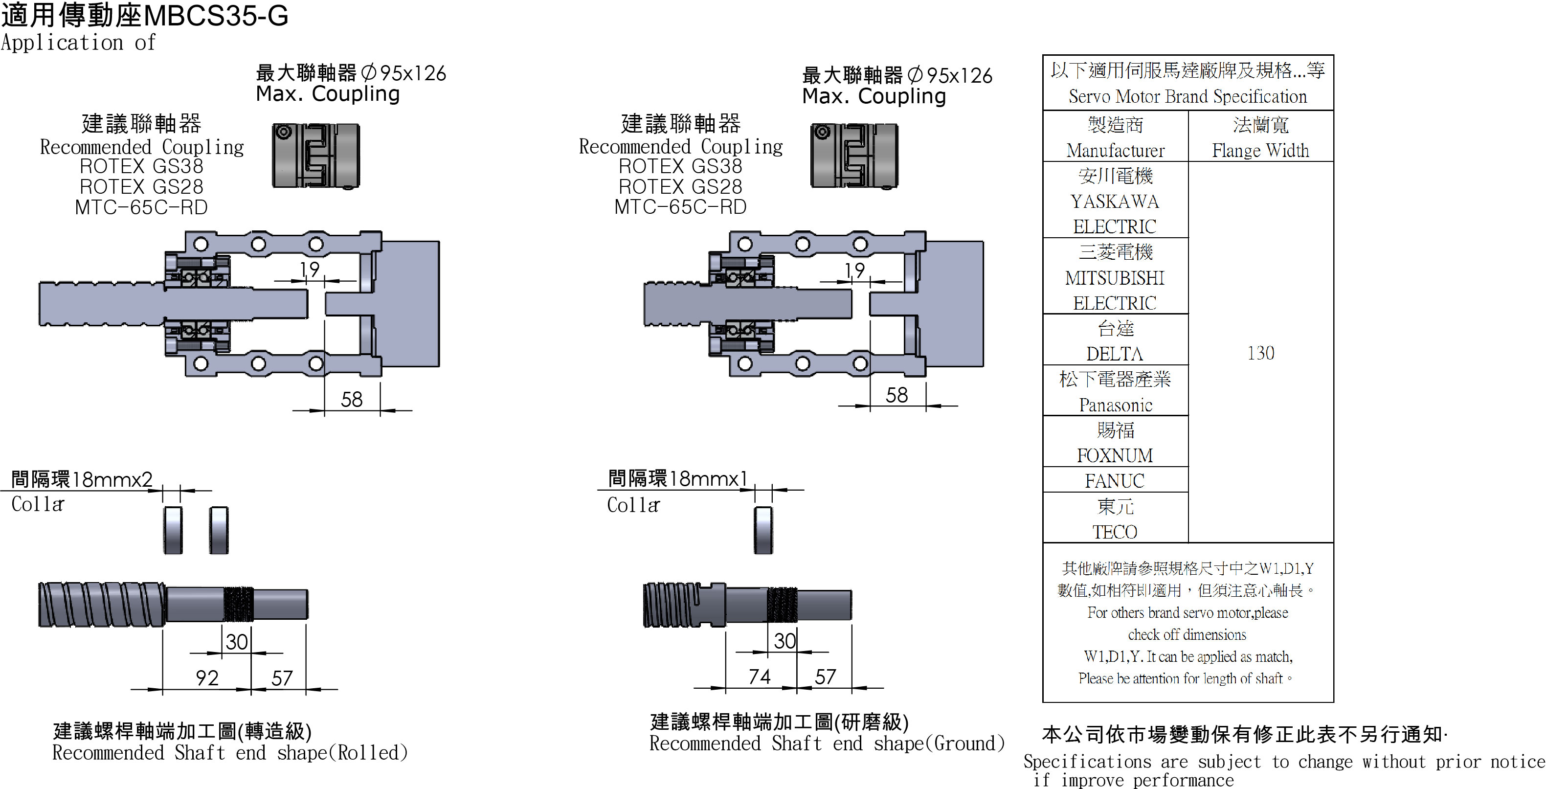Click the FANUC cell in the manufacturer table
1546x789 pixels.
1115,480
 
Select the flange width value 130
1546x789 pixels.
1260,353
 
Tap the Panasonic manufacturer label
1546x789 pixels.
1115,406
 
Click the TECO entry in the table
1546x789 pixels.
1115,532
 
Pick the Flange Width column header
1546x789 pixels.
1260,150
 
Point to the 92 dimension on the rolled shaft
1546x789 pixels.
207,678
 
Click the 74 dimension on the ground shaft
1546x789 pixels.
759,676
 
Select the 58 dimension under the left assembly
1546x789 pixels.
352,399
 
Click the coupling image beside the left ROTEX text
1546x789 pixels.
315,156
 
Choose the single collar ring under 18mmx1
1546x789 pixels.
763,530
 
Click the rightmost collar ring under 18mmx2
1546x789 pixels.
219,530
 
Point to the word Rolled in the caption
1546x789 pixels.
372,752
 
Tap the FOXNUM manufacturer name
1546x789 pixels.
1115,456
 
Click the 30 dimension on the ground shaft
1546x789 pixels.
784,641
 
